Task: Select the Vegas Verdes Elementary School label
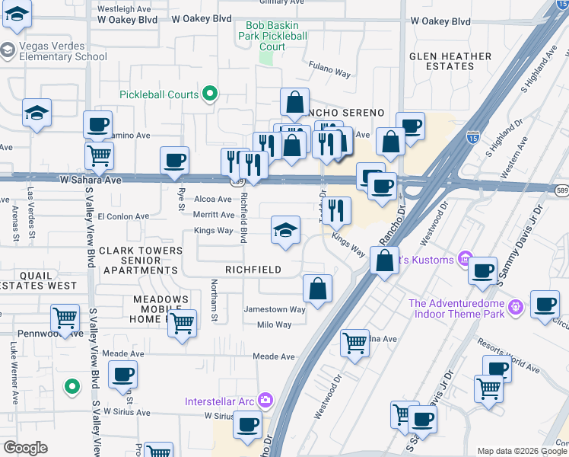coord(62,51)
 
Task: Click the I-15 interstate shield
coord(472,137)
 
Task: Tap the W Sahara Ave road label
coord(91,181)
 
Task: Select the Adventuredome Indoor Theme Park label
coord(456,308)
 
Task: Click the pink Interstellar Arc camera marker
coord(265,400)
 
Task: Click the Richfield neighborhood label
coord(253,270)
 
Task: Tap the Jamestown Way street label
coord(275,309)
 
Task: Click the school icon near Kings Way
coord(284,231)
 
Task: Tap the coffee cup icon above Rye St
coord(175,160)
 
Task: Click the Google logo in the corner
coord(25,448)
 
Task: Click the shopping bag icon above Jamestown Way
coord(317,289)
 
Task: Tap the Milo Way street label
coord(275,324)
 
